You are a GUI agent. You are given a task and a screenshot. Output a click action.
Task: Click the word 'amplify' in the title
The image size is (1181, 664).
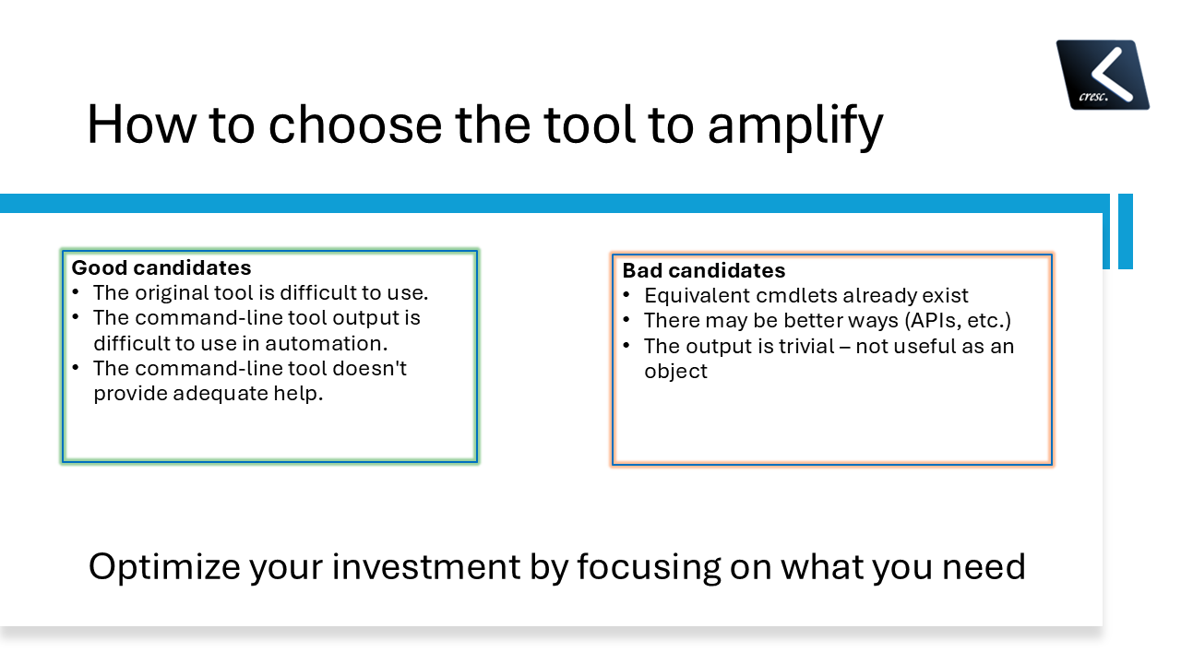pos(794,125)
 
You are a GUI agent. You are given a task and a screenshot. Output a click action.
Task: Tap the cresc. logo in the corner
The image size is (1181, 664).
pos(1103,75)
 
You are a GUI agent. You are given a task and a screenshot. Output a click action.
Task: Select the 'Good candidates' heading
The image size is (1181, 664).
pos(161,267)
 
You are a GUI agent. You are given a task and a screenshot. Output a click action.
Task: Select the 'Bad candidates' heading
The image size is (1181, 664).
pos(704,270)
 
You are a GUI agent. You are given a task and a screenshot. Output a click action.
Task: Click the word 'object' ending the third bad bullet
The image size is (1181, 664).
pos(675,371)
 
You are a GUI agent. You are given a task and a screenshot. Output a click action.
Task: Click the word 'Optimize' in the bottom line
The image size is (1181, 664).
pos(161,565)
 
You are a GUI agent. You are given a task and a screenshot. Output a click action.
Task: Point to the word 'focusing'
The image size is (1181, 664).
pos(649,565)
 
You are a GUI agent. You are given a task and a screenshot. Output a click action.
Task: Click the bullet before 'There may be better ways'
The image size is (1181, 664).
pos(626,320)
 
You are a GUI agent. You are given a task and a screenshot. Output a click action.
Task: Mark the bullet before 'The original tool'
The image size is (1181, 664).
pos(76,292)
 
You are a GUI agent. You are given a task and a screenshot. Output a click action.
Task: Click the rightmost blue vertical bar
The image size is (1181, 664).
pos(1125,231)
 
